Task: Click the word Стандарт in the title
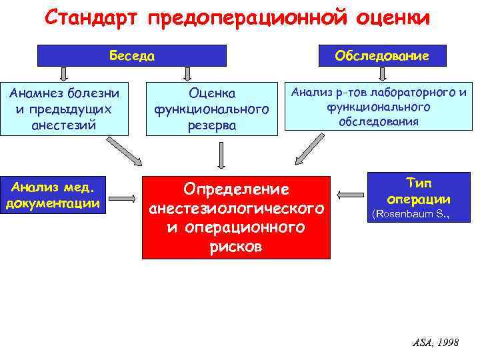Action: (93, 17)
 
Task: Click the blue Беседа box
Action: (132, 56)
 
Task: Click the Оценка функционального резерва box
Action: (212, 108)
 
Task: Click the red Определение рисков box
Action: (237, 217)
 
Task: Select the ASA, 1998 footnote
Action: (435, 342)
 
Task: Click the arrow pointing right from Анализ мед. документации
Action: (123, 197)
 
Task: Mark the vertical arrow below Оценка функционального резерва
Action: (221, 155)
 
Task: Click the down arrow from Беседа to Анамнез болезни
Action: (64, 73)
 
